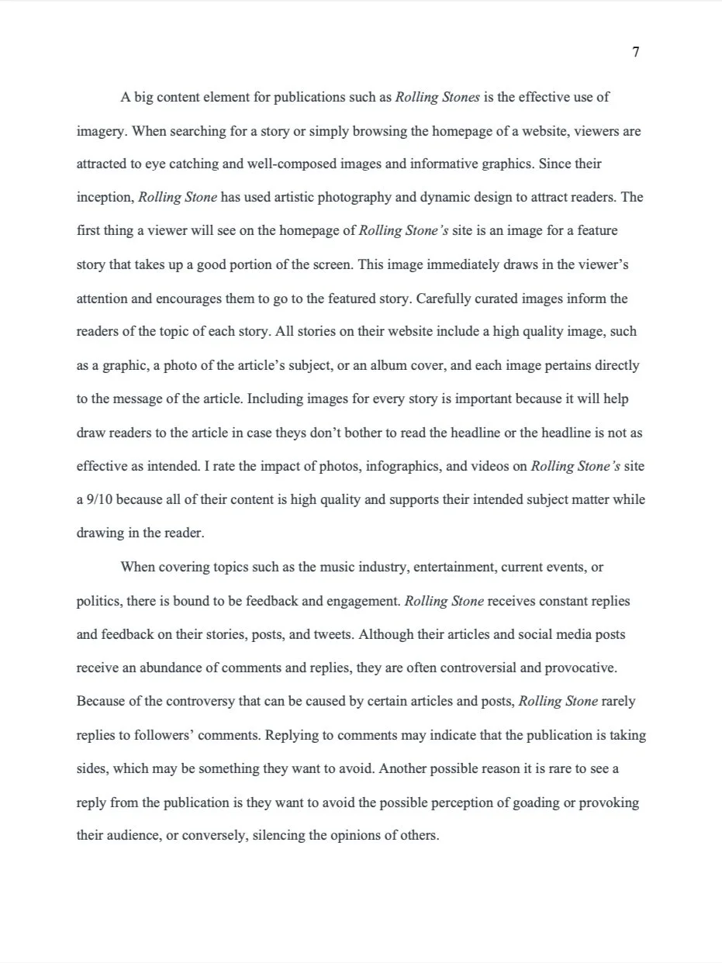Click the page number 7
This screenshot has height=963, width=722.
point(636,53)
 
